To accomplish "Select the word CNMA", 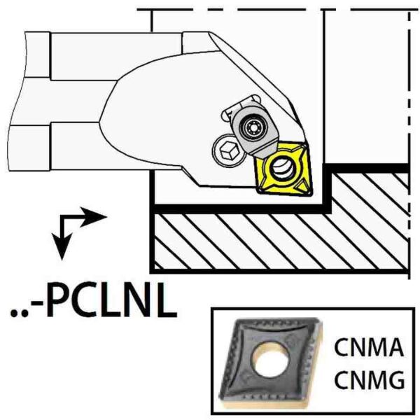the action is click(x=369, y=347).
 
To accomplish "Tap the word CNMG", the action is click(x=370, y=380).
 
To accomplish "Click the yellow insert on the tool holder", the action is click(x=283, y=169).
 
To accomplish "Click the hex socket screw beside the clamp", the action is click(x=228, y=150).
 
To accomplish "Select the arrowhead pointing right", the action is click(x=93, y=217).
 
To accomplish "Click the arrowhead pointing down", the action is click(x=62, y=246).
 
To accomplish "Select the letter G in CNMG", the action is click(x=395, y=380).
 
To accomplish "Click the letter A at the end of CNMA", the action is click(x=395, y=347).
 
